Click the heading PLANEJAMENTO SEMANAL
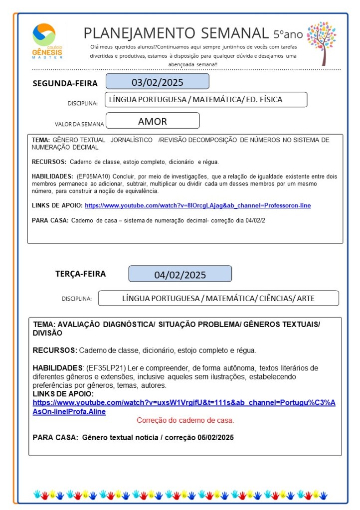(x=176, y=33)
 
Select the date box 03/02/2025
(x=157, y=82)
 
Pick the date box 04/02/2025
(x=180, y=275)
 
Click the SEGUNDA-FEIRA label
(x=65, y=83)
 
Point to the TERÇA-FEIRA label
(x=80, y=274)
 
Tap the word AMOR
(x=153, y=121)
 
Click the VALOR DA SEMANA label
(x=79, y=124)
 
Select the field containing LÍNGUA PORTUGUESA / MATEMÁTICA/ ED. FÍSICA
(x=205, y=100)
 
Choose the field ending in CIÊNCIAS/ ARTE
(x=218, y=299)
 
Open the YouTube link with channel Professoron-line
(x=197, y=205)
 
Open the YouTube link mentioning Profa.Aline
(x=184, y=407)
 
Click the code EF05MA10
(x=93, y=176)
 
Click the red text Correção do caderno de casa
(x=185, y=420)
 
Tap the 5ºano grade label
(x=288, y=34)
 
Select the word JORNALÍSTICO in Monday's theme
(x=132, y=140)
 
